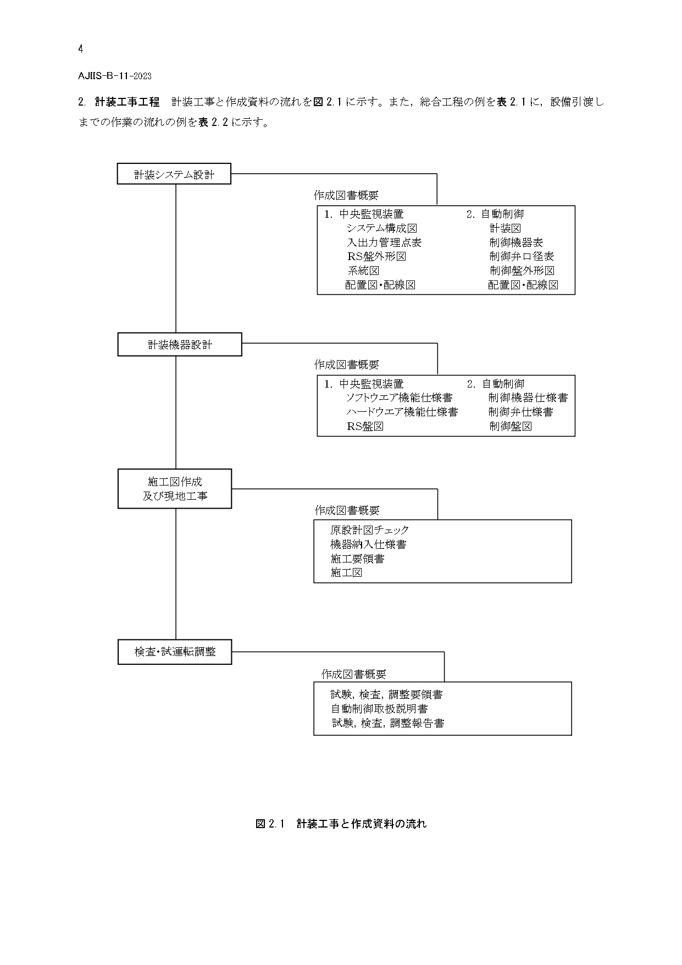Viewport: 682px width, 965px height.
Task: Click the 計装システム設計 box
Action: click(x=174, y=174)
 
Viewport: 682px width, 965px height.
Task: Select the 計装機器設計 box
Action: click(x=180, y=344)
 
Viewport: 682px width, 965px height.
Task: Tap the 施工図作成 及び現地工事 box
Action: click(x=175, y=489)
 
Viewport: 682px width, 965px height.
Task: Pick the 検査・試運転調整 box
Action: click(x=175, y=652)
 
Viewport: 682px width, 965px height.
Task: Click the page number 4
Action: click(x=81, y=49)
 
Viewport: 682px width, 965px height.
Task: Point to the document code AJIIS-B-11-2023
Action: click(x=115, y=76)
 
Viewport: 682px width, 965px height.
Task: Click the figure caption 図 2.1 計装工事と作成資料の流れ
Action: click(x=341, y=824)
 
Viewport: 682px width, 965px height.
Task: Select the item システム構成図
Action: click(x=382, y=228)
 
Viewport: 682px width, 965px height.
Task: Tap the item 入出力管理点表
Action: click(x=384, y=242)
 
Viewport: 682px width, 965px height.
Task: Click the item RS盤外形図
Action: click(x=376, y=256)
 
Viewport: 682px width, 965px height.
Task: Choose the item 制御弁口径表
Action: click(x=522, y=256)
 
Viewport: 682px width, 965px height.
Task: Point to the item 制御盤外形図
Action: click(x=522, y=271)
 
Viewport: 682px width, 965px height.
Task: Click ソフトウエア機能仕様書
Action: click(x=399, y=398)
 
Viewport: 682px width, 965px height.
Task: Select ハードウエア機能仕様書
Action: click(x=402, y=412)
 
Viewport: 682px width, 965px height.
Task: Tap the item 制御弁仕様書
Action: click(x=520, y=412)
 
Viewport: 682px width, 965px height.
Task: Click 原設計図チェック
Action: click(x=370, y=530)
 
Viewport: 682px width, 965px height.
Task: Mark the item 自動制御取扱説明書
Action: click(x=379, y=709)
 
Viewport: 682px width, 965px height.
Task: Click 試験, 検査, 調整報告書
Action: click(x=388, y=723)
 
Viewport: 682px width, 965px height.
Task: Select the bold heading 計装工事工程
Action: click(x=127, y=102)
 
